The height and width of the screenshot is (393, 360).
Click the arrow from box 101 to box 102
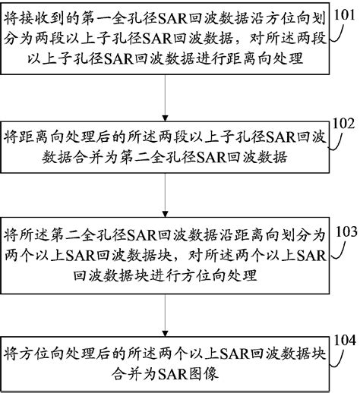tap(166, 106)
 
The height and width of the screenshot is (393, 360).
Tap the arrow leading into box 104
tap(166, 311)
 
